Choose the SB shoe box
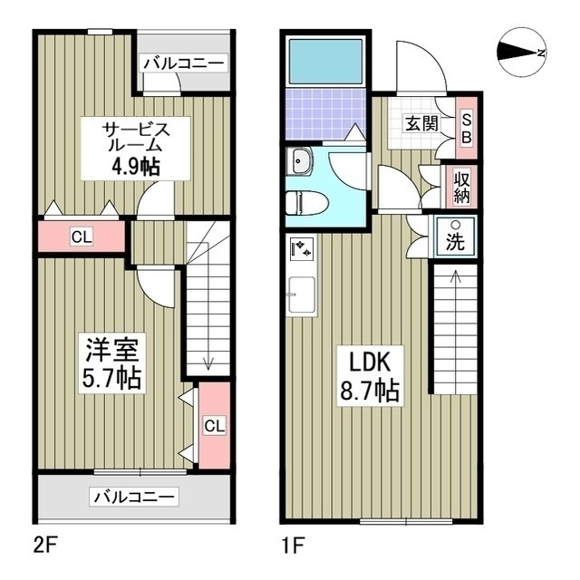[466, 126]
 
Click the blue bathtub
[324, 63]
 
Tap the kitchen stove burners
[302, 247]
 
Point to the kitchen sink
[301, 295]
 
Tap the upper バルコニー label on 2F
[183, 63]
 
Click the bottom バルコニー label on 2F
[134, 497]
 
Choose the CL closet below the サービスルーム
[81, 237]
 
